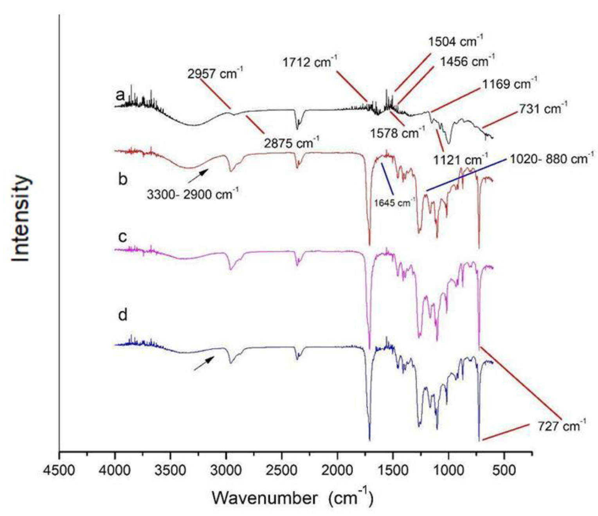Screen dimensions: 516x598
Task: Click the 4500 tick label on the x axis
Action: (x=59, y=470)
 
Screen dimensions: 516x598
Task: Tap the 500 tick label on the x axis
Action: (x=504, y=470)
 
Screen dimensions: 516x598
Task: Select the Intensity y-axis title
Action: (x=21, y=218)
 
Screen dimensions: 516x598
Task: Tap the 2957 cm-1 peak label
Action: (x=215, y=73)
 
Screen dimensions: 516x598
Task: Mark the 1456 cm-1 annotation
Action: (x=467, y=61)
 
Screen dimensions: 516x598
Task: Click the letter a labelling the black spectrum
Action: (x=120, y=95)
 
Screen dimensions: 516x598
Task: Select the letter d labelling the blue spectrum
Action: (x=122, y=314)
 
